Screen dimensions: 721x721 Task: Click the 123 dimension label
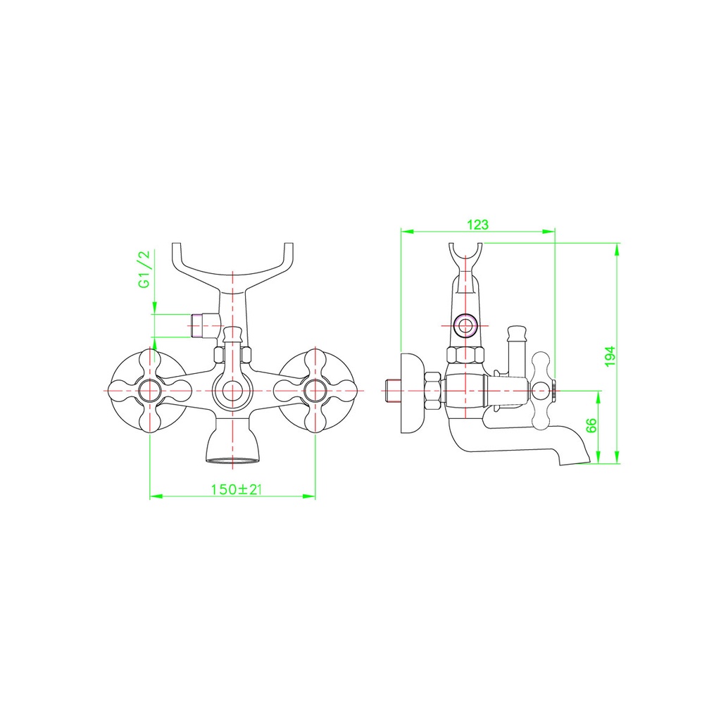pos(478,225)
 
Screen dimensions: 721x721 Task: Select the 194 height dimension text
pos(610,356)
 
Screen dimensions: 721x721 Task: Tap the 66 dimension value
pos(591,425)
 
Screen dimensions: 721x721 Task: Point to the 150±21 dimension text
pos(236,489)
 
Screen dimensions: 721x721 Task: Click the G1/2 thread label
pos(144,270)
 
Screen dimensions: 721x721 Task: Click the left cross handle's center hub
pos(150,391)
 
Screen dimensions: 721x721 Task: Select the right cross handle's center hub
pos(315,391)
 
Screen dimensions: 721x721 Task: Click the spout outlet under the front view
pos(232,459)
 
